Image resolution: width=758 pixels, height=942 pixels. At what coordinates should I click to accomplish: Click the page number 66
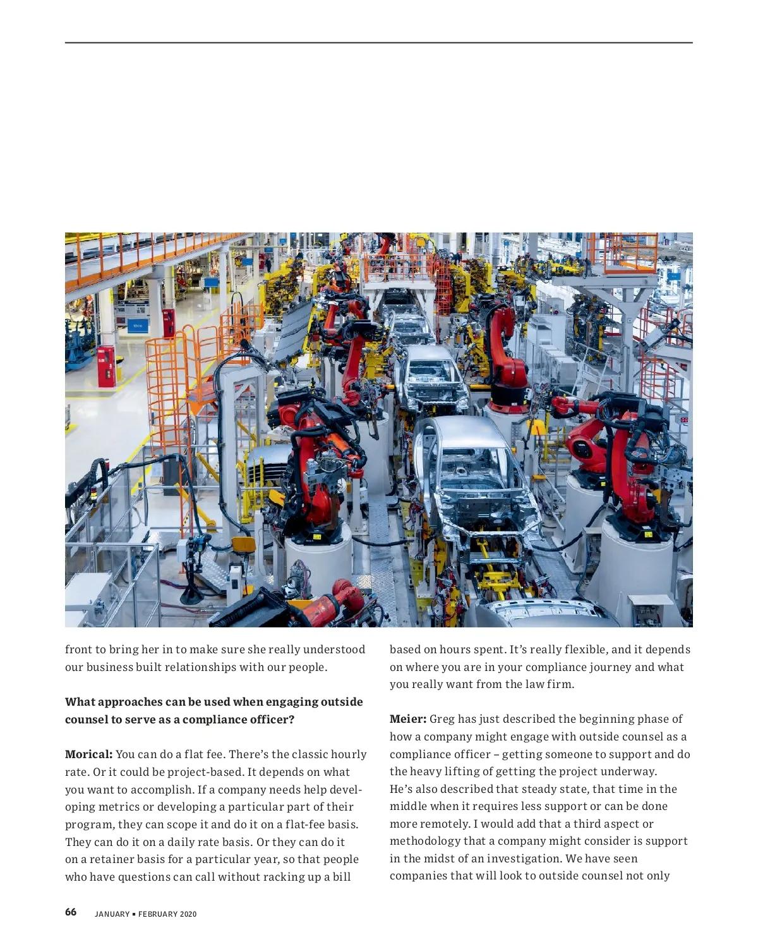pyautogui.click(x=71, y=912)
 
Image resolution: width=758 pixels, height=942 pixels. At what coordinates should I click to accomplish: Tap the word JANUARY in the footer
pyautogui.click(x=112, y=914)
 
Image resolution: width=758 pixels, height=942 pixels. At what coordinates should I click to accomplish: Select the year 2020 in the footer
pyautogui.click(x=188, y=914)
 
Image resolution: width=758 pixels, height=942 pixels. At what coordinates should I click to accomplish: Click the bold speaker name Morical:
pyautogui.click(x=88, y=754)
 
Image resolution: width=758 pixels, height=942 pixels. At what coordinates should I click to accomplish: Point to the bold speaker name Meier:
pyautogui.click(x=407, y=719)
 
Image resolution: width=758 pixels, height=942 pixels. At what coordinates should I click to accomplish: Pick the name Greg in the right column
pyautogui.click(x=442, y=719)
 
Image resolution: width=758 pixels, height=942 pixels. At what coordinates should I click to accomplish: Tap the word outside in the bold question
pyautogui.click(x=342, y=702)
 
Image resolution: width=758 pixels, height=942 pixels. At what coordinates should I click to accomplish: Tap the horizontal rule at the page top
pyautogui.click(x=379, y=43)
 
